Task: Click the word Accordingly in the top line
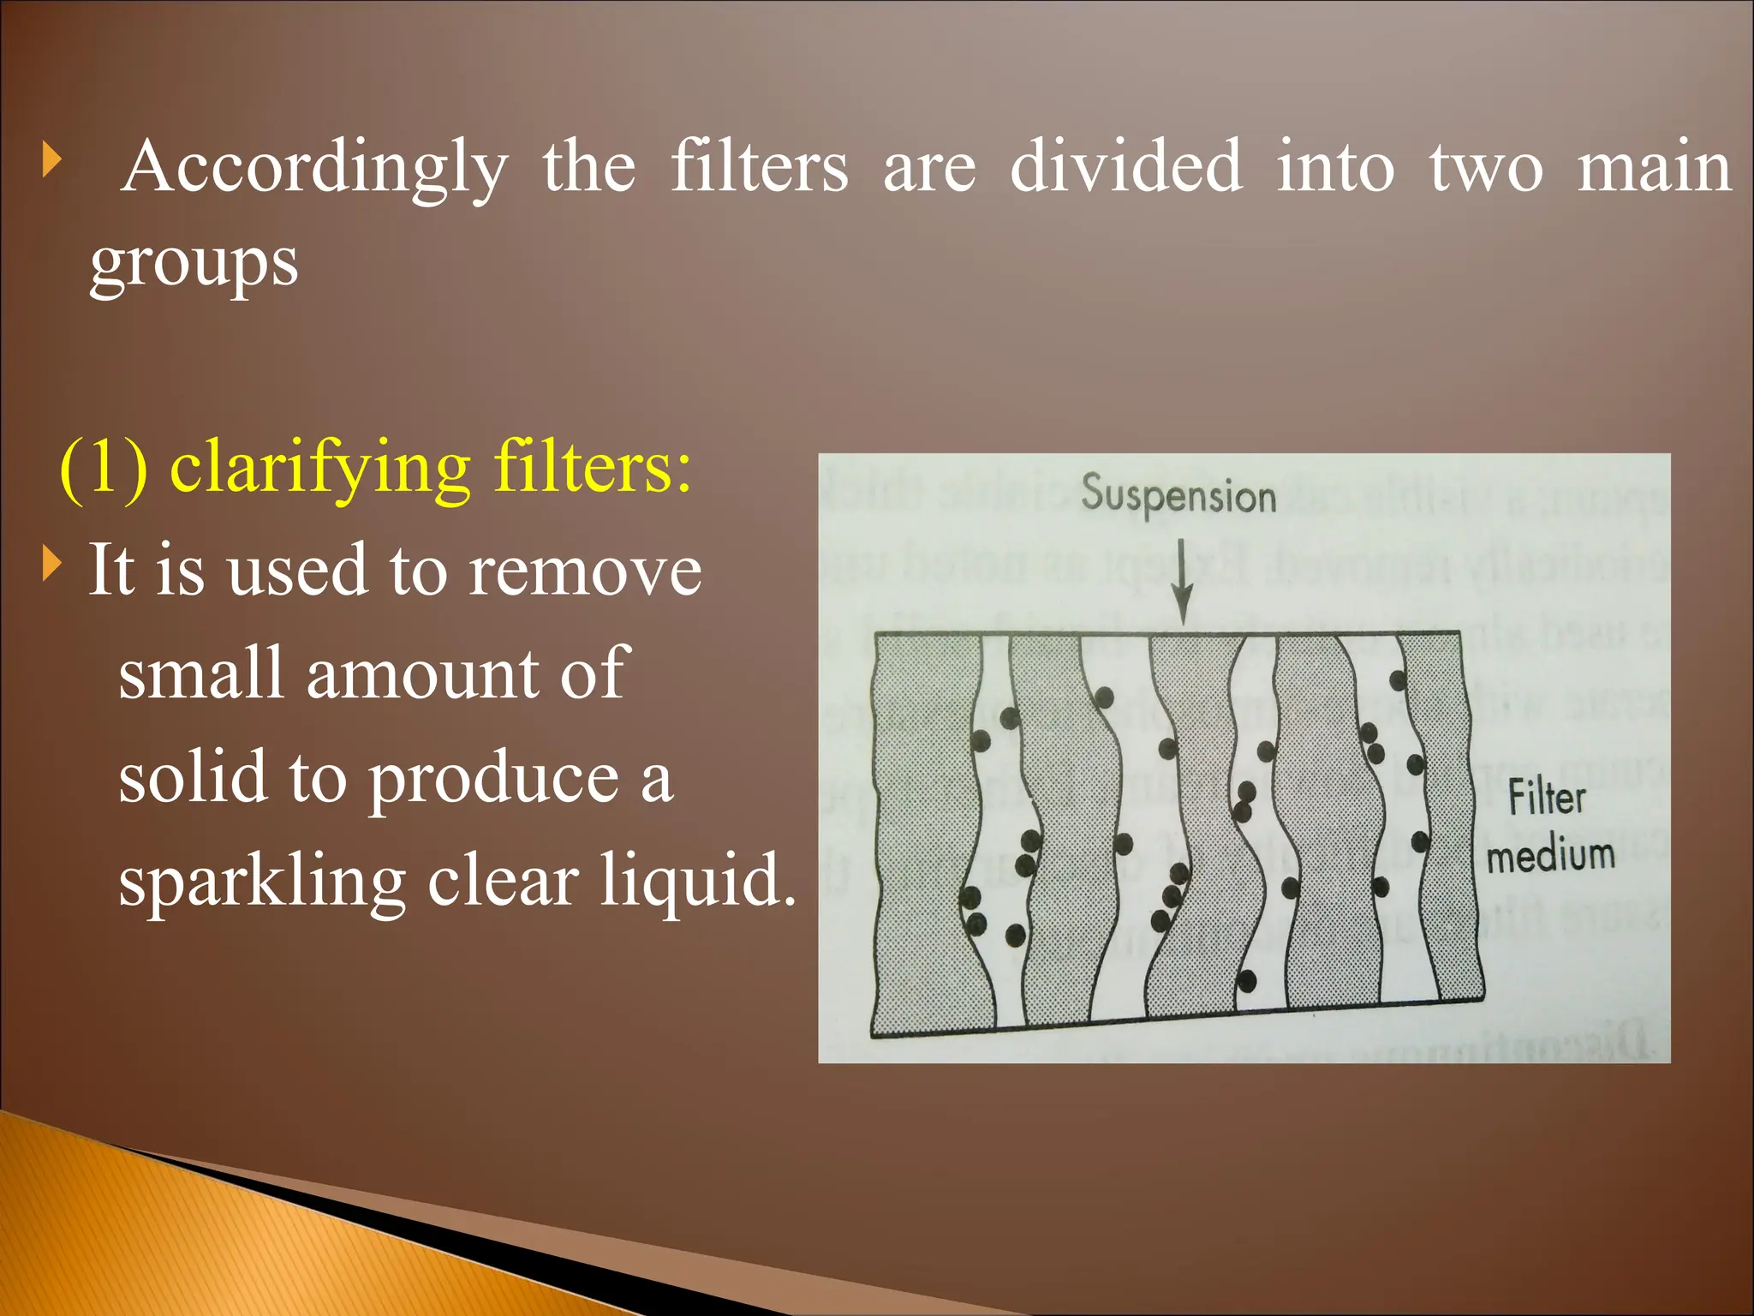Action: click(314, 168)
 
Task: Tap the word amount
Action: click(421, 674)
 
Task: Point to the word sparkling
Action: click(262, 882)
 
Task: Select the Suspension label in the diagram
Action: click(1178, 495)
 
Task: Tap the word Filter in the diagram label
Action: click(1546, 799)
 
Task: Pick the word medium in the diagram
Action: click(1550, 855)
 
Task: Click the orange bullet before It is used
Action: click(52, 565)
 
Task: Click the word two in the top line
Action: click(1486, 169)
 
